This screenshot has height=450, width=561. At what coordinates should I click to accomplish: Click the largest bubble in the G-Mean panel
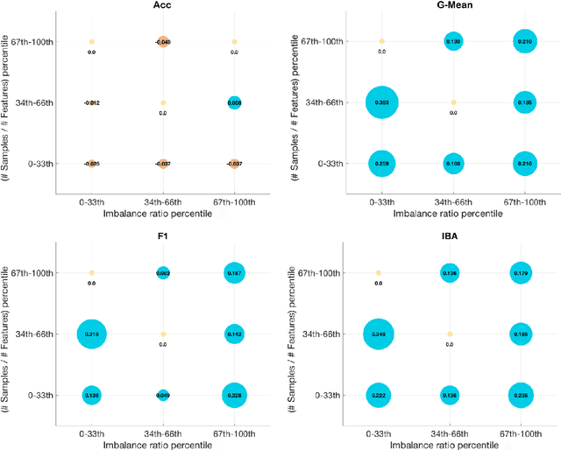coord(381,102)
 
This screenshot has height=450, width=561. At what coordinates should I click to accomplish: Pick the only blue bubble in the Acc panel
coord(234,102)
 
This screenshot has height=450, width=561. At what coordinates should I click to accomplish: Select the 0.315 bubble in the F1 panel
coord(92,334)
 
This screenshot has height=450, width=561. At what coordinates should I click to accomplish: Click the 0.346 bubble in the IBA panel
coord(379,334)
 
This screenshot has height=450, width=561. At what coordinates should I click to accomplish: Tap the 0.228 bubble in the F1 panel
coord(234,395)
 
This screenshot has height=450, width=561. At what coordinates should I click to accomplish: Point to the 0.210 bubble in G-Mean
coord(523,41)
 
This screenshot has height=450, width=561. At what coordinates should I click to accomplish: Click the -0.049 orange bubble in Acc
coord(163,41)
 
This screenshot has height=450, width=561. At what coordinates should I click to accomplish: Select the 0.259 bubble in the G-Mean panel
coord(381,163)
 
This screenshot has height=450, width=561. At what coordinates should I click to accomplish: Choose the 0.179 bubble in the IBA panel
coord(521,273)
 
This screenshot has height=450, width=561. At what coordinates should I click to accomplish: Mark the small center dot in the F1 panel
coord(163,334)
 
